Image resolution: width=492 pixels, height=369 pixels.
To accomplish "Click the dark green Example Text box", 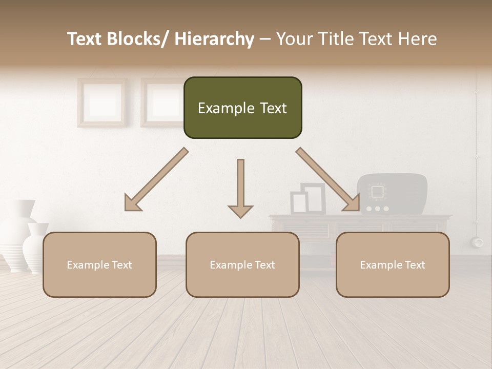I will point(242,108).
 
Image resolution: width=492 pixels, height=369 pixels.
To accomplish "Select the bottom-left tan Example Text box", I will point(99,264).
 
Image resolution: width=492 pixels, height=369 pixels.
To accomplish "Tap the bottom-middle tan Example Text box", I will point(242,264).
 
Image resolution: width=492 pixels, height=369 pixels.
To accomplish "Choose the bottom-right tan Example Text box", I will point(393,264).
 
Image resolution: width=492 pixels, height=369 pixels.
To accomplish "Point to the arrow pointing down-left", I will point(156,179).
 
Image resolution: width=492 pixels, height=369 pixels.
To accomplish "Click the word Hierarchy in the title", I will point(214,39).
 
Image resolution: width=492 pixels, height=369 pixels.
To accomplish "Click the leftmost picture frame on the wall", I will point(102,102).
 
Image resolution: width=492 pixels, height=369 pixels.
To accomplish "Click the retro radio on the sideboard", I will point(392,194).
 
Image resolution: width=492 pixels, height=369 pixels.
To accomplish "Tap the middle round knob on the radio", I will point(378,209).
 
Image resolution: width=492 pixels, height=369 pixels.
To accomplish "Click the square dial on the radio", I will point(378,192).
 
